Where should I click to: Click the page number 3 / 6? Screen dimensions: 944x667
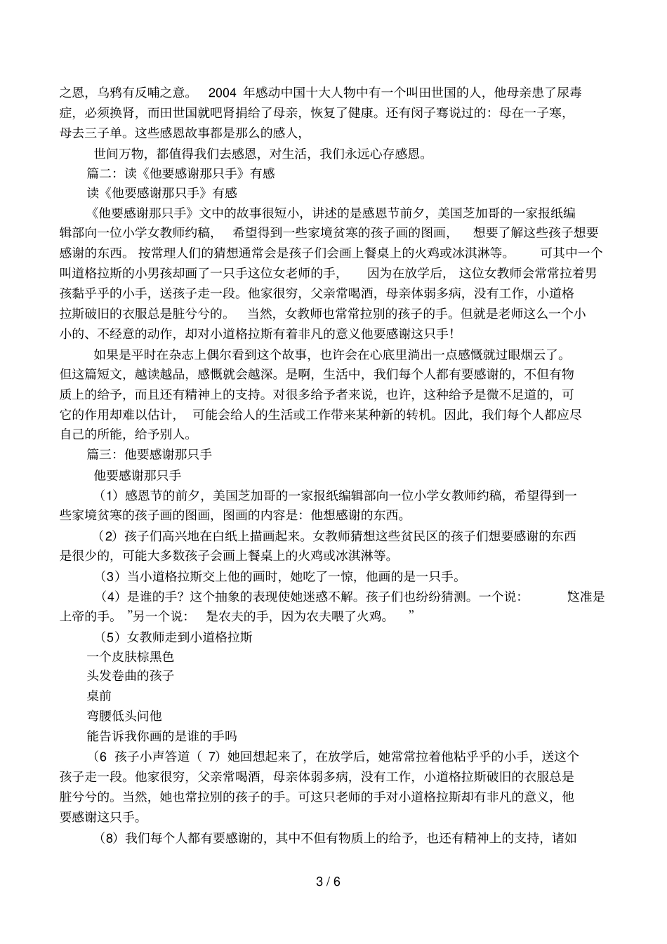[328, 882]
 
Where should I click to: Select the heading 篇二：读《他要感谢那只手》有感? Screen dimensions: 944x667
[180, 173]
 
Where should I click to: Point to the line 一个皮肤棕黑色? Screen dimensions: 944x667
[130, 657]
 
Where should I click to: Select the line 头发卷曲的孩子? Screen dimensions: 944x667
[130, 676]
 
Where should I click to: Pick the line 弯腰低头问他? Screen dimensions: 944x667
[124, 716]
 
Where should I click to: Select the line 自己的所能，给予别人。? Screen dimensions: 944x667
[125, 434]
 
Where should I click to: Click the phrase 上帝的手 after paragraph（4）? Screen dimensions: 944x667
[86, 617]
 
